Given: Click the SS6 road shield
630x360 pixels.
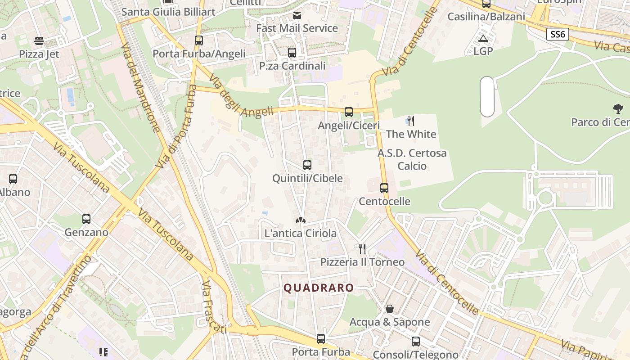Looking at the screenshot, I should (558, 34).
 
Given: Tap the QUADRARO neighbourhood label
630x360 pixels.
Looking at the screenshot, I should (319, 288).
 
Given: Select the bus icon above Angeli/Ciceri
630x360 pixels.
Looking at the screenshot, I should (349, 112).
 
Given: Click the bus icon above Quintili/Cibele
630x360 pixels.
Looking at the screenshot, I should (307, 165).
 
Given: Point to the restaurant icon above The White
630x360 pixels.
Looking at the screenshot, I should (410, 121).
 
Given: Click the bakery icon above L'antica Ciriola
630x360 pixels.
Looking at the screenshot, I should (301, 220).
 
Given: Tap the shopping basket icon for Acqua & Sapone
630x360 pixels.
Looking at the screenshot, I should (390, 309).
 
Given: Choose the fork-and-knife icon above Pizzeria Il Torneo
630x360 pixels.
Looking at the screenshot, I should (362, 248).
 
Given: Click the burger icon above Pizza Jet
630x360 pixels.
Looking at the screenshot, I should (39, 41).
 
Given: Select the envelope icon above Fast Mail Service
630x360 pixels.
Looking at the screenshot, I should (297, 15).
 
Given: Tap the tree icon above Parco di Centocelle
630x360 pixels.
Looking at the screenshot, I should (618, 108).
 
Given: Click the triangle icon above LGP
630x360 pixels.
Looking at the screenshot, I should (483, 38).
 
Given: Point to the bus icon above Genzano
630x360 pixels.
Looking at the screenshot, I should (86, 219).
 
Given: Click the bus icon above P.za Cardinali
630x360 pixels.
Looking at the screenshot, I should (292, 53).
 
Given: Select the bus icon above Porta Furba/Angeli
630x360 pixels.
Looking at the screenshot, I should (199, 40).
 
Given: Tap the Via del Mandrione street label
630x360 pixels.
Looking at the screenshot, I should (141, 88).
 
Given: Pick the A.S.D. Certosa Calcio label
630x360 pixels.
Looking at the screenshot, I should (412, 159).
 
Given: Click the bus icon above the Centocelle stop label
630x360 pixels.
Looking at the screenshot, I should (384, 188).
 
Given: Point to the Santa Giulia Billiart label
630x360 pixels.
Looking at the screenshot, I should (169, 12).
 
